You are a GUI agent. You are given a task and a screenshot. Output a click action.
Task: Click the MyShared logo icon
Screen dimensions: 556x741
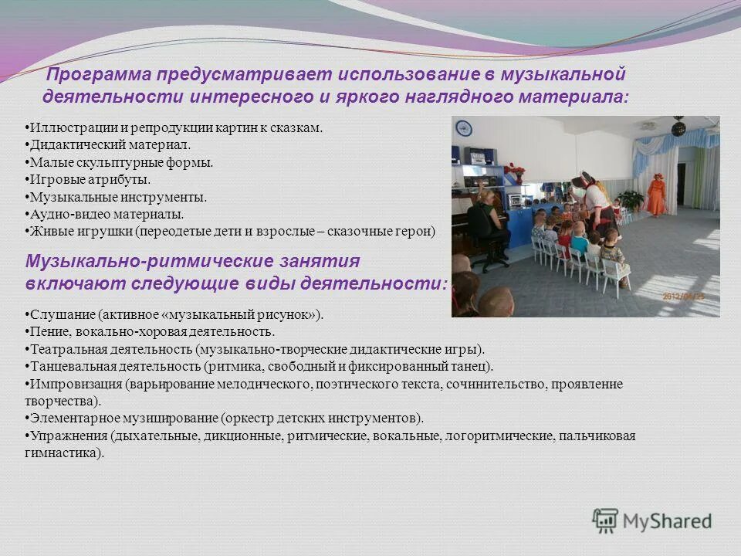pos(605,520)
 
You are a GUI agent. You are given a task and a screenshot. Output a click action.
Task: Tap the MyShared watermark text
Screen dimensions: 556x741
pos(667,521)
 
